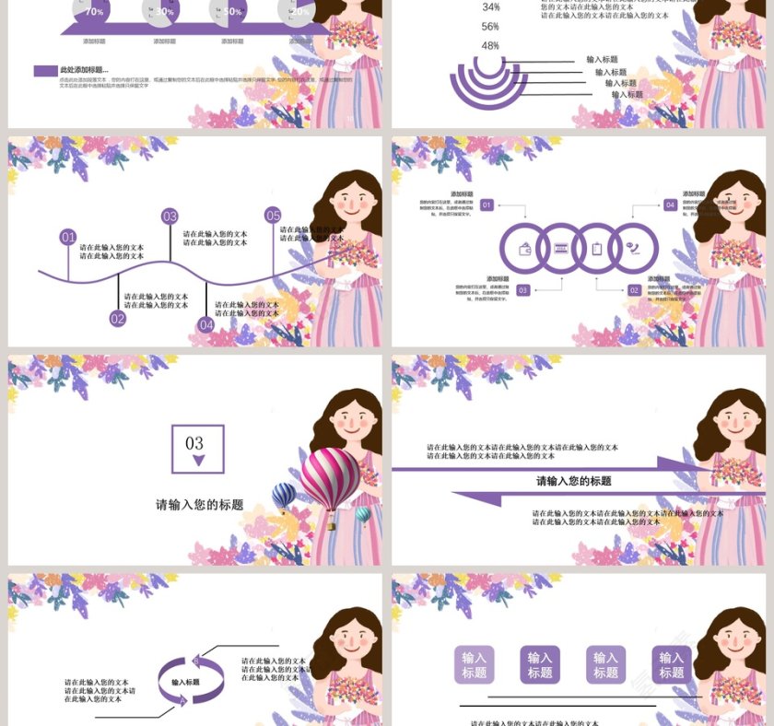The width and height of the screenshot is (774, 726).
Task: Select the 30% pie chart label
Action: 164,11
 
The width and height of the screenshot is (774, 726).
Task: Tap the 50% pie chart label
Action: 232,11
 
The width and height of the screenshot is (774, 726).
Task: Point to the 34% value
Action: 490,7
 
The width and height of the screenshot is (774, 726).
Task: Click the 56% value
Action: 490,27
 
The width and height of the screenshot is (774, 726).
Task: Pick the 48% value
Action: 490,46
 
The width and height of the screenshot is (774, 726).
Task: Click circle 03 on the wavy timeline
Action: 170,217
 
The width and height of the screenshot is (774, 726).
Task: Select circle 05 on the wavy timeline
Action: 273,216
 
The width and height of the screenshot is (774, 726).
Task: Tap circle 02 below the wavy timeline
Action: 117,319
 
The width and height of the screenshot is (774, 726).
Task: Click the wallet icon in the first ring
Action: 525,249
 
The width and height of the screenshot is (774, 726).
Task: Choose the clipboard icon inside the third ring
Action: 597,249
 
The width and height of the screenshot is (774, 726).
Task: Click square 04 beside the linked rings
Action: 670,205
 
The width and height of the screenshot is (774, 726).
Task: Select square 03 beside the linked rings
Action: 523,290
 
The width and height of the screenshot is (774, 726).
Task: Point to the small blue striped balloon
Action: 284,496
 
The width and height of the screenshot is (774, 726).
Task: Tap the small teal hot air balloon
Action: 363,514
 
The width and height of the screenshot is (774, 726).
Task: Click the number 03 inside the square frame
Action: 194,443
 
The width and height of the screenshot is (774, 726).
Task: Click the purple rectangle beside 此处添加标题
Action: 45,71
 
